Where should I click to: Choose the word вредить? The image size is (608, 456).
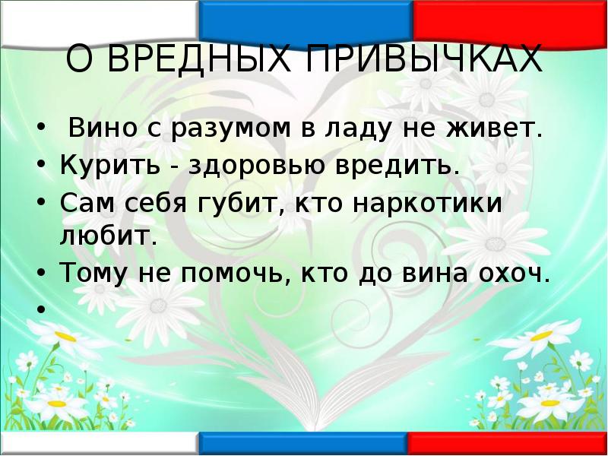click(x=405, y=165)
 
